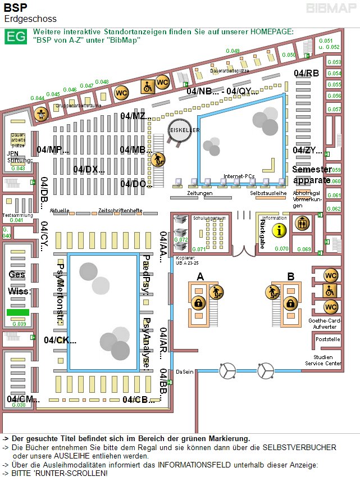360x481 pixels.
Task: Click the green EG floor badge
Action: point(15,37)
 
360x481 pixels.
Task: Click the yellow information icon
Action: point(279,230)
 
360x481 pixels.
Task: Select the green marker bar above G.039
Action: point(17,312)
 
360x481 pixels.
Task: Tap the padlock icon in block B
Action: point(290,303)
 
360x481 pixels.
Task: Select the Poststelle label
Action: point(328,339)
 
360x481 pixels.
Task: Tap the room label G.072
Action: point(181,240)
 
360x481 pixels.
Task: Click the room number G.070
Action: point(281,249)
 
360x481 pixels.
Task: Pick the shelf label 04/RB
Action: point(306,74)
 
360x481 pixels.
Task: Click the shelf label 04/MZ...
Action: point(135,116)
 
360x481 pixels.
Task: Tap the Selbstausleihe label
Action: point(268,193)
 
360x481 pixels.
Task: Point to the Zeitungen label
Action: point(200,193)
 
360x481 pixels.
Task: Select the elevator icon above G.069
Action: point(303,223)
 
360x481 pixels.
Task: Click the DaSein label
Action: point(184,372)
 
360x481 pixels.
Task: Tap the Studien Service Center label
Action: point(323,360)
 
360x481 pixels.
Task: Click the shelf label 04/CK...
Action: point(60,340)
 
